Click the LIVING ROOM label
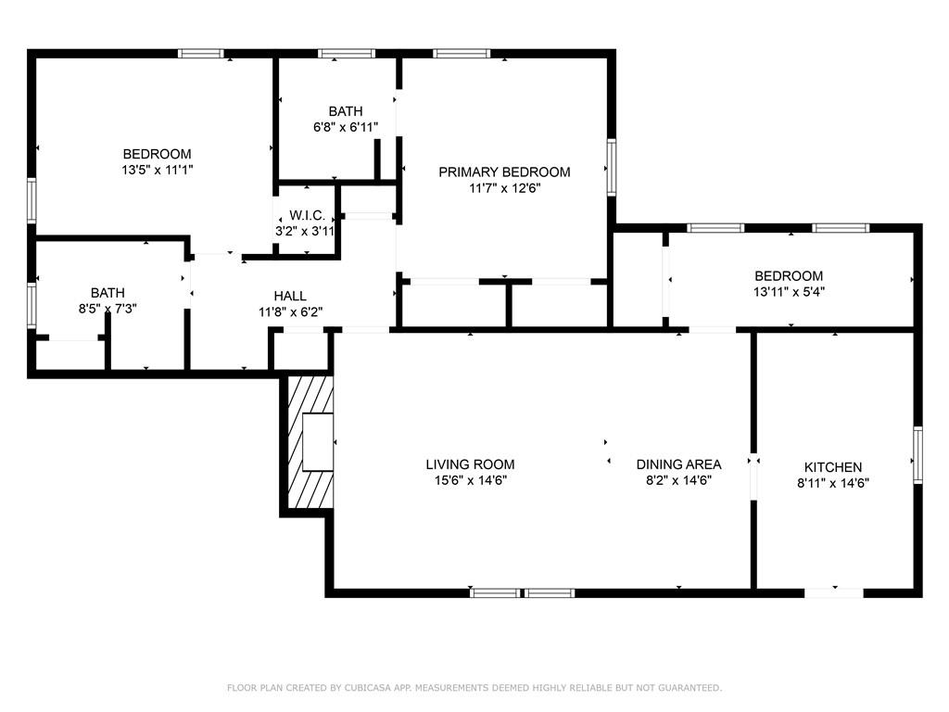[x=470, y=464]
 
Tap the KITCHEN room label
[x=832, y=467]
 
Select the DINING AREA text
[x=678, y=464]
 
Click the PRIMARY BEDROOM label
[x=504, y=172]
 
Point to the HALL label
[x=290, y=296]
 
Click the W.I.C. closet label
[x=307, y=215]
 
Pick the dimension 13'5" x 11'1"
[x=158, y=170]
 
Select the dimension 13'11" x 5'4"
[x=789, y=291]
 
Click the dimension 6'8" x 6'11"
[x=345, y=127]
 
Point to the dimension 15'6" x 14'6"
[x=470, y=480]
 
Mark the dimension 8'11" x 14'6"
[x=832, y=482]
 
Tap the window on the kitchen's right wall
[x=917, y=454]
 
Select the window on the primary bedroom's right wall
[x=612, y=167]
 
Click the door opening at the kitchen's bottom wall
[x=833, y=591]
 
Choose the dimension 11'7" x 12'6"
[x=504, y=187]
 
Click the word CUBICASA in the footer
[x=356, y=688]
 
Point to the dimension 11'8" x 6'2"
[x=290, y=312]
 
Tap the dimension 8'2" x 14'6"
[x=678, y=480]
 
